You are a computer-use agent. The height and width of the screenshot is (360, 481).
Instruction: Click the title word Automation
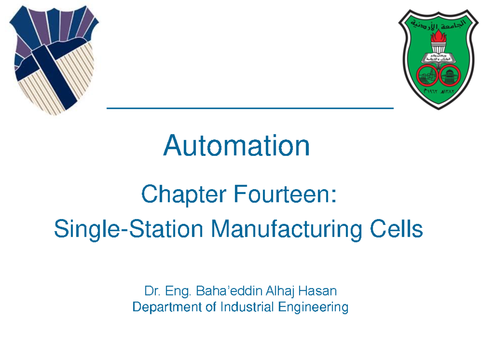236,146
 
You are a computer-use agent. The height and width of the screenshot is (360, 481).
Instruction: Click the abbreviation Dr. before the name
150,291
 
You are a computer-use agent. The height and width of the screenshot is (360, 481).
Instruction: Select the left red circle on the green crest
426,75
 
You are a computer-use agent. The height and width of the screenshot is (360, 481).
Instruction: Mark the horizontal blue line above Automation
250,108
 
